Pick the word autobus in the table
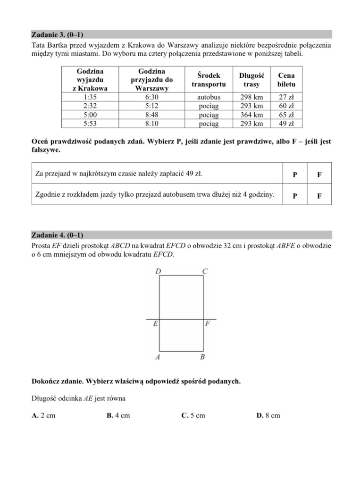point(209,97)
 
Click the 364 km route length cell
point(251,115)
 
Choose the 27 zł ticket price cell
point(286,97)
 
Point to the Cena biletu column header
point(286,80)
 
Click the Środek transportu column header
point(209,80)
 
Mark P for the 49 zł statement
point(295,175)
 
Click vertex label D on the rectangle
point(157,272)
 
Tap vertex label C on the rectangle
point(204,272)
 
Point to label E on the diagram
point(155,325)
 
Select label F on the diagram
point(208,325)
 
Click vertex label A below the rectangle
point(158,357)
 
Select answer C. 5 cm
point(193,416)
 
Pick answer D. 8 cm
point(268,416)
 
